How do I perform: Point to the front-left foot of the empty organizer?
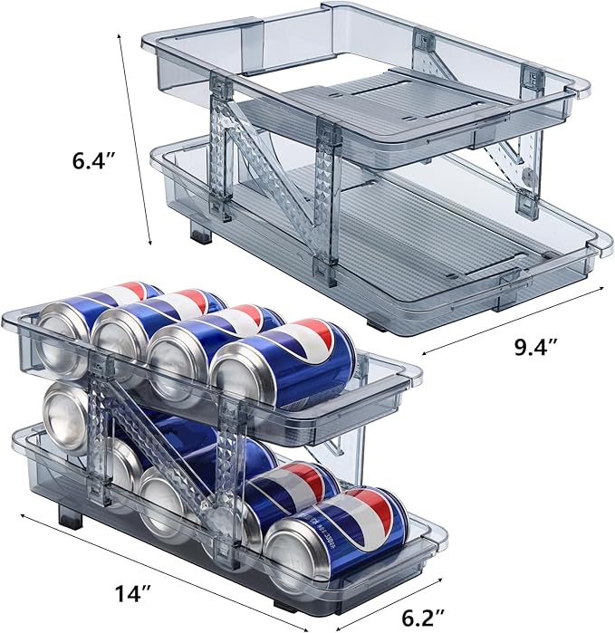click(x=201, y=232)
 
